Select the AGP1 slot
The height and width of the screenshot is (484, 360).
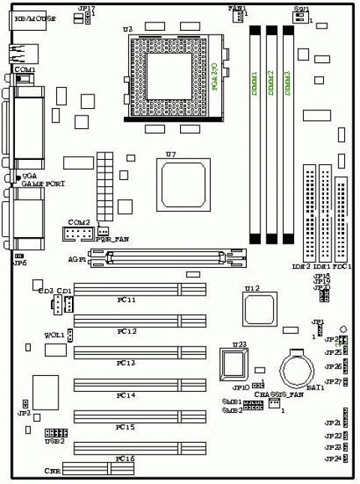click(x=169, y=259)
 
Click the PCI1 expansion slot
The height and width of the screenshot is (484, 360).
click(x=139, y=289)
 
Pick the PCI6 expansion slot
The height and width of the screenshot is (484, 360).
click(x=139, y=448)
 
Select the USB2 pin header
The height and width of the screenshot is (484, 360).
click(x=55, y=433)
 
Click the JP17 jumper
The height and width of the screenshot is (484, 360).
click(x=82, y=17)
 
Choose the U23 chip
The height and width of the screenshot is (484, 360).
click(x=235, y=364)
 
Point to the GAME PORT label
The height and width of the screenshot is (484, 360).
click(x=40, y=183)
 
